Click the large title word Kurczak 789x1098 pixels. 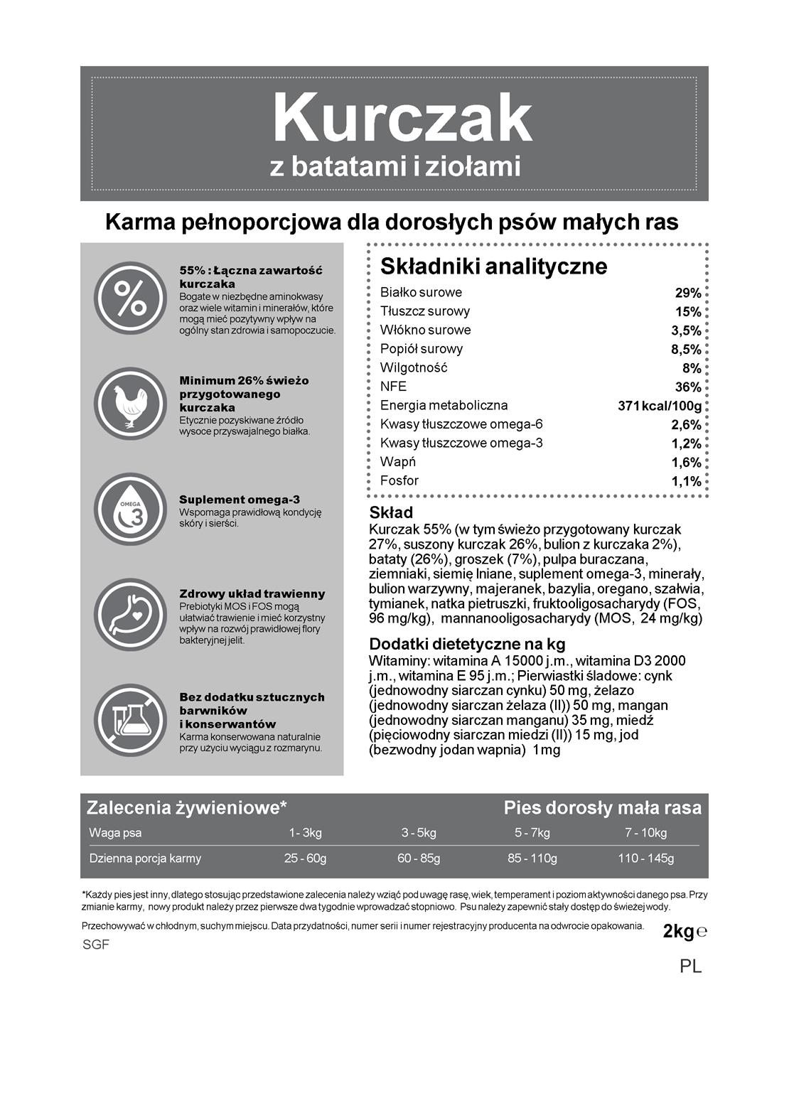(402, 118)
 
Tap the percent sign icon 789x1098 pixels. (130, 298)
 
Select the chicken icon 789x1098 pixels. (130, 404)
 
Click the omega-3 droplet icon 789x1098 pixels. (130, 510)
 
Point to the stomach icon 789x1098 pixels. (130, 615)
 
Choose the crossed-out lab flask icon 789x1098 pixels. (130, 721)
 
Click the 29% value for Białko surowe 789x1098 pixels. (687, 293)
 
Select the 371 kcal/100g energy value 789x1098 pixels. (660, 407)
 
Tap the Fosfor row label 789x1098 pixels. (399, 481)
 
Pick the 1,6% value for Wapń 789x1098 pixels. (686, 463)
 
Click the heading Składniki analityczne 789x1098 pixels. (493, 267)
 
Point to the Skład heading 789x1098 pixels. (391, 512)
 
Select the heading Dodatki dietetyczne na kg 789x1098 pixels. (467, 644)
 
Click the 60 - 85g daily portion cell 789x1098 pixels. (419, 859)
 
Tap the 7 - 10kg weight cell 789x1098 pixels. (645, 833)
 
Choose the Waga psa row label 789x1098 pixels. (115, 833)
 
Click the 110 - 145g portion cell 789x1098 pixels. (645, 859)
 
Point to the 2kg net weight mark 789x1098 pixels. (678, 932)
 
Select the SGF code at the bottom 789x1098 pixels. (96, 945)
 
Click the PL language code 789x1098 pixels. (690, 967)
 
